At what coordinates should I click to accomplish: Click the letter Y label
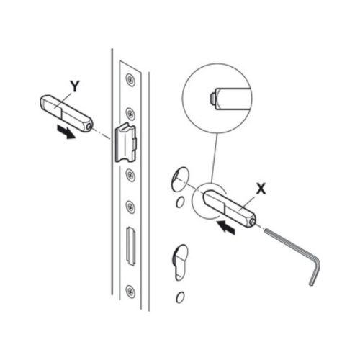pyautogui.click(x=75, y=86)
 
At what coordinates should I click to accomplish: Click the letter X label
pyautogui.click(x=261, y=189)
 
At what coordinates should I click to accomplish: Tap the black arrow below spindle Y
pyautogui.click(x=66, y=132)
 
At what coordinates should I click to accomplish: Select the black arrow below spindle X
pyautogui.click(x=225, y=227)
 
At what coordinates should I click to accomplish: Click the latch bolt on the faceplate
pyautogui.click(x=126, y=143)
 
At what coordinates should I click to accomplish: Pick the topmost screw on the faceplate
pyautogui.click(x=130, y=79)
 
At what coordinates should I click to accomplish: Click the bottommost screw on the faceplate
pyautogui.click(x=130, y=291)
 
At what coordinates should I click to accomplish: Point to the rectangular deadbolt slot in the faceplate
pyautogui.click(x=131, y=246)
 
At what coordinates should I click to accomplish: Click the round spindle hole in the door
pyautogui.click(x=179, y=179)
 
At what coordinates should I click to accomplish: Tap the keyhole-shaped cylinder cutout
pyautogui.click(x=181, y=263)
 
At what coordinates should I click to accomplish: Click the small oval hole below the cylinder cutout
pyautogui.click(x=180, y=297)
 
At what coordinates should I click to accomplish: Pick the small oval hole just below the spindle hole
pyautogui.click(x=180, y=202)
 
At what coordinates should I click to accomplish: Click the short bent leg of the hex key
pyautogui.click(x=315, y=272)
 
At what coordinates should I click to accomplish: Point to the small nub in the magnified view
pyautogui.click(x=212, y=99)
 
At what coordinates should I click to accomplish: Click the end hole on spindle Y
pyautogui.click(x=90, y=126)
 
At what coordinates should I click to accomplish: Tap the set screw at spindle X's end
pyautogui.click(x=252, y=222)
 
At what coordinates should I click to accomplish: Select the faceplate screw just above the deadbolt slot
pyautogui.click(x=130, y=207)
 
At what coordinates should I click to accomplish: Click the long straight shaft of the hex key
pyautogui.click(x=290, y=243)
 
